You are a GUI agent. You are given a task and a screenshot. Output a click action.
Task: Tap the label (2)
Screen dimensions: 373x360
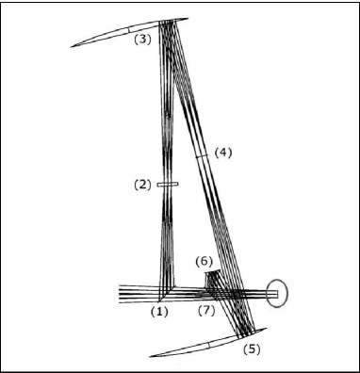[142, 186]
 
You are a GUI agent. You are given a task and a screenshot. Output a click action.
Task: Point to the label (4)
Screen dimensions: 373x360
[221, 151]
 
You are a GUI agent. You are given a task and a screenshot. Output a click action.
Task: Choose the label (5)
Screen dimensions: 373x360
[252, 349]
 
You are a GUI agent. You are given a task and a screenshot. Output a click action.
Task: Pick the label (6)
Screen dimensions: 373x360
[203, 261]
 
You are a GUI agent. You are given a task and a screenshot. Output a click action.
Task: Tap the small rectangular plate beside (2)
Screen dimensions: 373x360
[167, 186]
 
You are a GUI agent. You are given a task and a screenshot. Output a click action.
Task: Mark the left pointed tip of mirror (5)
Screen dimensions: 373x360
[152, 356]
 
